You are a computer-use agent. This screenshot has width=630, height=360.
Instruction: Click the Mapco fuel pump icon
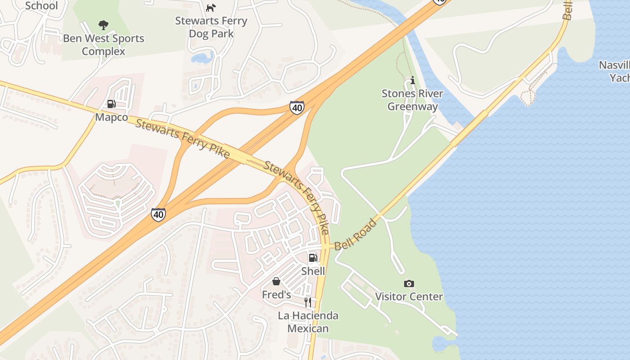tap(111, 104)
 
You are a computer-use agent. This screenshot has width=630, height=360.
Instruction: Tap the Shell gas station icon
tap(313, 258)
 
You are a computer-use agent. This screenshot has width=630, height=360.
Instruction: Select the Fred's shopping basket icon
tap(276, 281)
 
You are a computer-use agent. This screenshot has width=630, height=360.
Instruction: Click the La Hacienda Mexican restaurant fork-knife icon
tap(308, 302)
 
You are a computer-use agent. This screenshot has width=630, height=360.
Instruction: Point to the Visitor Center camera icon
tap(409, 283)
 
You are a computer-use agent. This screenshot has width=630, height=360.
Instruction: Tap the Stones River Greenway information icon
tap(412, 81)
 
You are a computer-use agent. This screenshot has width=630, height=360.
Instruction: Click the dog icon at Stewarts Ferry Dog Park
tap(211, 8)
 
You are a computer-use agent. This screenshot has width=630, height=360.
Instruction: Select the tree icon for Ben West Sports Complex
tap(103, 25)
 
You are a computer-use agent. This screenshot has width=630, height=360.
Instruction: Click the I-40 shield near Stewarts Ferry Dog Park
tap(297, 108)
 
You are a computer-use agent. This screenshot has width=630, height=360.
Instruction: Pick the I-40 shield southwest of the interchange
tap(158, 215)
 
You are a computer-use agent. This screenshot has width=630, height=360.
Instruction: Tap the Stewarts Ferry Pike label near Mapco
tap(182, 138)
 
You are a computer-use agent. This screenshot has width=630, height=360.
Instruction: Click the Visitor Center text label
tap(409, 297)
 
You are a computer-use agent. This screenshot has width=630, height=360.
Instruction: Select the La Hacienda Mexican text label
tap(308, 322)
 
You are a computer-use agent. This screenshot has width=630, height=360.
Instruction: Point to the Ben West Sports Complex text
tap(103, 45)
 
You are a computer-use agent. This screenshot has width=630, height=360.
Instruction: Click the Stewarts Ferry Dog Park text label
tap(211, 27)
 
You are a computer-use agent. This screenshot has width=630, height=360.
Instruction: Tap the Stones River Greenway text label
tap(412, 100)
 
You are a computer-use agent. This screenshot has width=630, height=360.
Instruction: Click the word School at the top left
tap(41, 6)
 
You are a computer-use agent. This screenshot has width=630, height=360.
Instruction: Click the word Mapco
tap(111, 117)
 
